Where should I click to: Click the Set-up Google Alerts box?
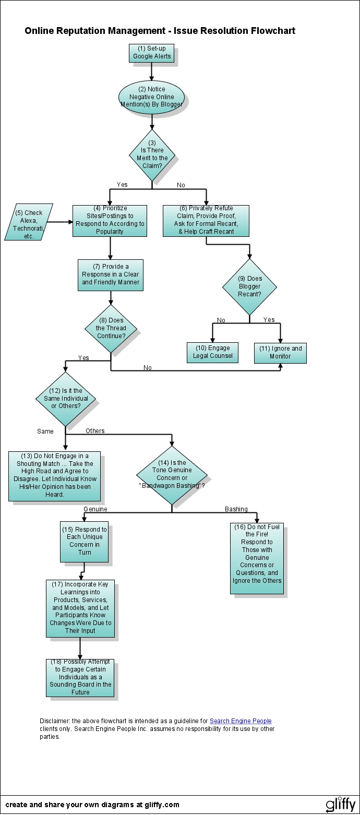tap(151, 53)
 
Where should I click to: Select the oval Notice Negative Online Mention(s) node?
tap(151, 97)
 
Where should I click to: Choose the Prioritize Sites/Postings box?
tap(110, 220)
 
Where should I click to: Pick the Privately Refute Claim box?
tap(206, 220)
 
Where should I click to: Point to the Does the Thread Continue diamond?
tap(111, 329)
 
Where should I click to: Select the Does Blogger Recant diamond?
tap(249, 287)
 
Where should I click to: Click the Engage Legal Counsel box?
tap(212, 352)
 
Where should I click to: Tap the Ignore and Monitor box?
tap(280, 353)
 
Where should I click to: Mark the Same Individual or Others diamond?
tap(66, 399)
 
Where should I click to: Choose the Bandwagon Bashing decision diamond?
tap(172, 475)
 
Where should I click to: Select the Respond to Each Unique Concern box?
tap(84, 541)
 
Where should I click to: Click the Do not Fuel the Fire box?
tap(257, 558)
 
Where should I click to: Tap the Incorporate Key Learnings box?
tap(80, 608)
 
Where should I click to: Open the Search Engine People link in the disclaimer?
tap(241, 721)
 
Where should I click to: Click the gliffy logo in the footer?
tap(340, 804)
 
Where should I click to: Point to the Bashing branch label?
tap(236, 509)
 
